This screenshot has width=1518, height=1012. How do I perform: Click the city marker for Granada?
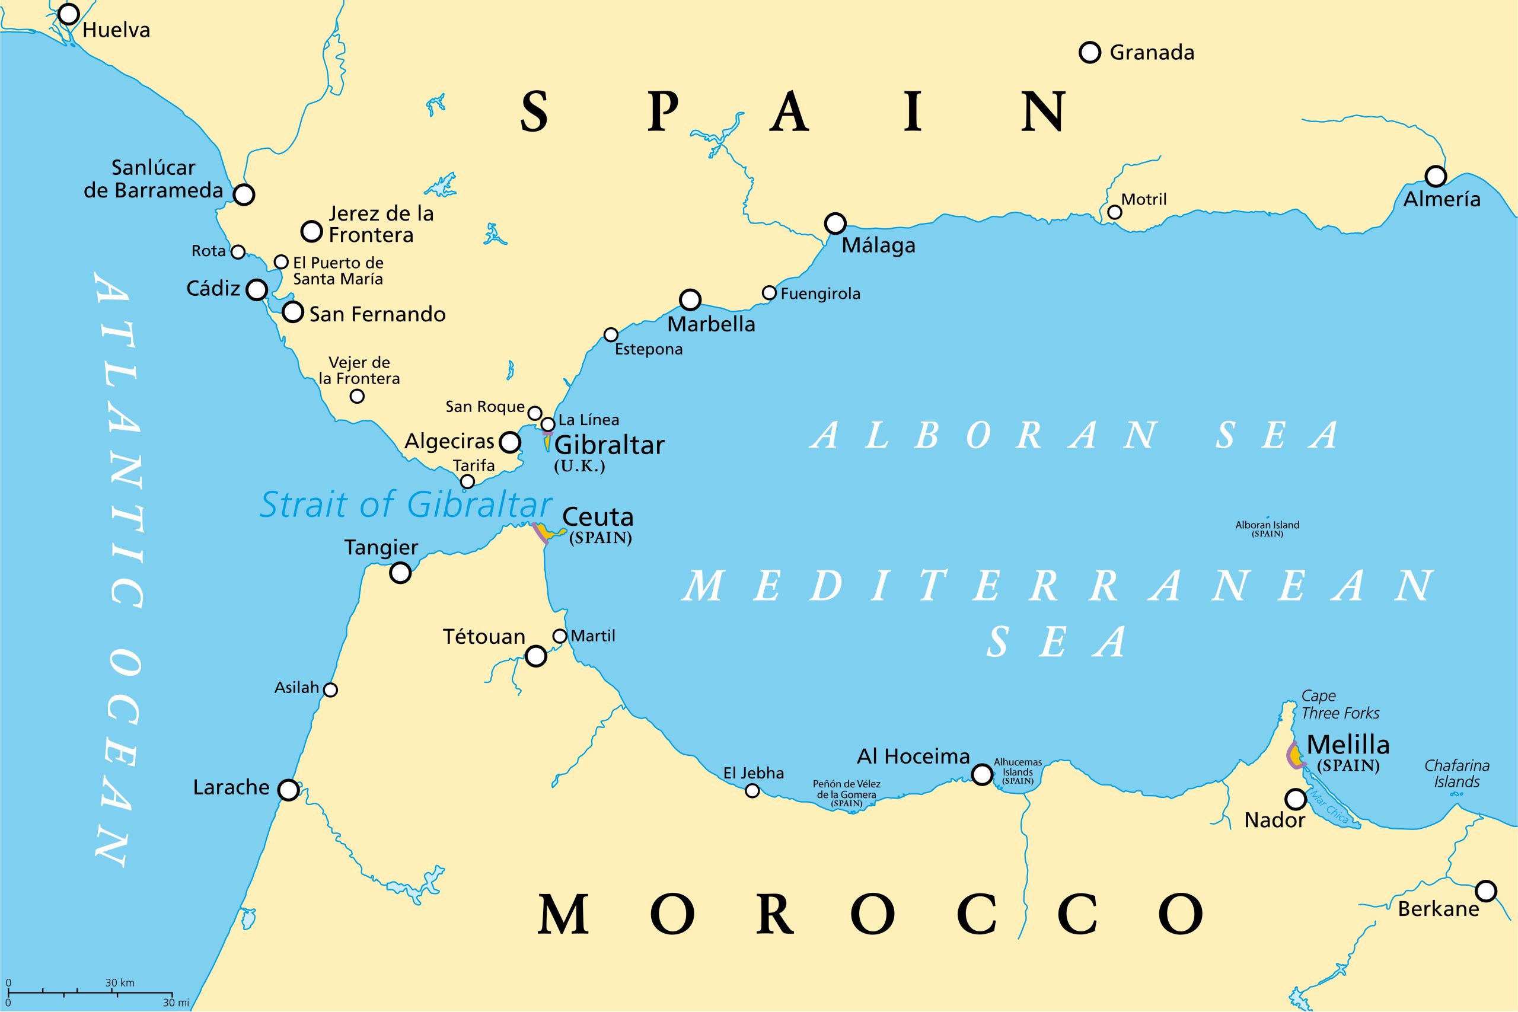[x=1089, y=52]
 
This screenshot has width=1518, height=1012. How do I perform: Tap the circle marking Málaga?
[x=835, y=224]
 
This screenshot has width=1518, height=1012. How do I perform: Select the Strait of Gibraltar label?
[x=406, y=505]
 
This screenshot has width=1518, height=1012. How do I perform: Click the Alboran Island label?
[x=1267, y=529]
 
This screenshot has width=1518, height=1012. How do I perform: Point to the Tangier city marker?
[x=400, y=573]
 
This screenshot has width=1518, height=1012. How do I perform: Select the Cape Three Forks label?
[x=1340, y=704]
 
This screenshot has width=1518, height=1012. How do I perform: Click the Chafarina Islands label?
[x=1457, y=773]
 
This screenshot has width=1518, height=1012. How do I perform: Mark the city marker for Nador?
[x=1295, y=799]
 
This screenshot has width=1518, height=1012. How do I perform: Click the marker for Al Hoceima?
[x=982, y=774]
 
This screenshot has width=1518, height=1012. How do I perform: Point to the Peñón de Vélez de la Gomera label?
[x=846, y=793]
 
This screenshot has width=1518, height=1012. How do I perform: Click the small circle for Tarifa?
[x=467, y=481]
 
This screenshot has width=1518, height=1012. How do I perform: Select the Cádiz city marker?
[x=257, y=290]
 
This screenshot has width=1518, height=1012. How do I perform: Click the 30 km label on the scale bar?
[x=120, y=983]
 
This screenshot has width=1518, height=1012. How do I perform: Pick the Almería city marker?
[x=1436, y=175]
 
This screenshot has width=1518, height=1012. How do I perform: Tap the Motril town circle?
[x=1115, y=212]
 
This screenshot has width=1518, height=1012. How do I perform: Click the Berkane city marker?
[x=1486, y=890]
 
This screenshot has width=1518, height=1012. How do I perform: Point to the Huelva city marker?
[x=68, y=14]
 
